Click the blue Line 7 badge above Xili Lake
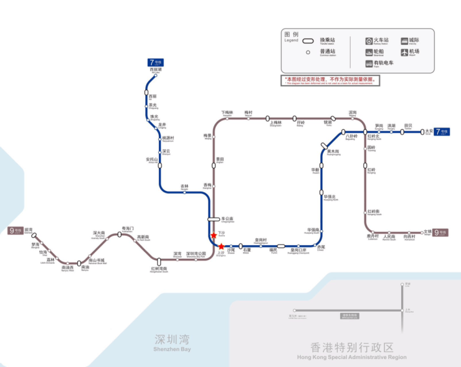point(155,62)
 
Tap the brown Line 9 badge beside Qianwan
point(15,231)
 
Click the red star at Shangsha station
point(221,246)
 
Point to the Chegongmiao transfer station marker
point(214,219)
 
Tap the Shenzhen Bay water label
point(172,343)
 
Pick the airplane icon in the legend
point(404,52)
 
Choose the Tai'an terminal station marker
point(428,131)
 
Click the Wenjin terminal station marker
point(427,233)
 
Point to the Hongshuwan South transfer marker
point(159,263)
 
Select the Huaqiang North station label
point(330,198)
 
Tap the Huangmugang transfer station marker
point(325,145)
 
